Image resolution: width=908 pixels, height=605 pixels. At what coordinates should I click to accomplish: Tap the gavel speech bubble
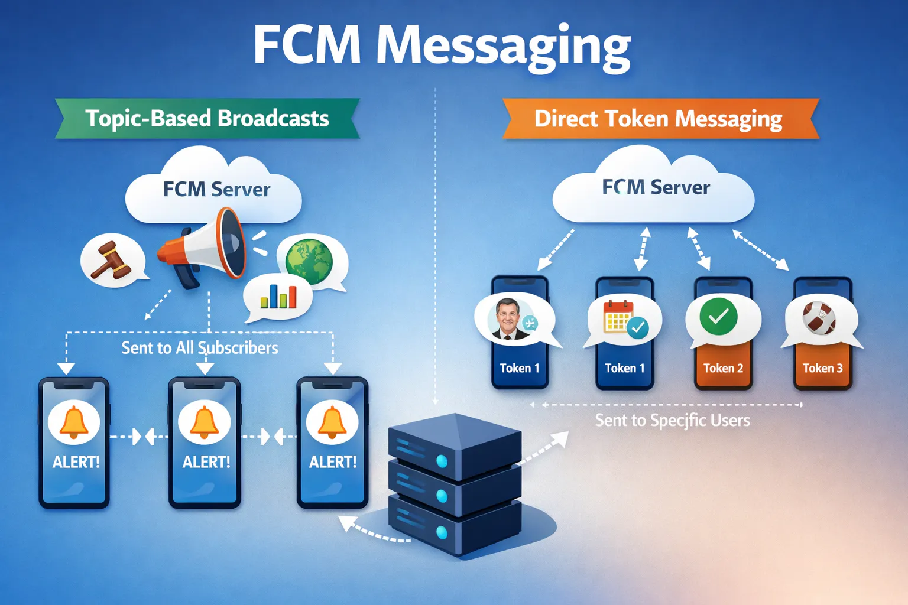(x=112, y=261)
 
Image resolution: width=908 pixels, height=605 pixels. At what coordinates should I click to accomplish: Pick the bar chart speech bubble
(x=278, y=297)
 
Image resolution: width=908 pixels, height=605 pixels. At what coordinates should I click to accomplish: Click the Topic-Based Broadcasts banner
(x=207, y=119)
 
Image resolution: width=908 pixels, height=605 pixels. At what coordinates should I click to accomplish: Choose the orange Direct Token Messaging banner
(x=659, y=119)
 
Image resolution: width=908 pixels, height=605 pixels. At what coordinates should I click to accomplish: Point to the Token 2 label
(x=723, y=368)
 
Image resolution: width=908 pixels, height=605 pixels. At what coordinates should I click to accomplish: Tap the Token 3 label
(x=822, y=368)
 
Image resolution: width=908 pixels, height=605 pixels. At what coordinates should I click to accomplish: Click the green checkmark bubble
(x=719, y=317)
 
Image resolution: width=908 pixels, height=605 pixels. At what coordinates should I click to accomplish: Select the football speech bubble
(x=820, y=319)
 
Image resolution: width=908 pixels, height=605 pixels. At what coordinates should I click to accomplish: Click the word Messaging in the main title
(x=504, y=46)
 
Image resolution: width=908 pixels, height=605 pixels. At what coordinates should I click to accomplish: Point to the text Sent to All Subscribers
(x=200, y=348)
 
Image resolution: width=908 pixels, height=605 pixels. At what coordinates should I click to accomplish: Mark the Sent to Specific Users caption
(x=672, y=421)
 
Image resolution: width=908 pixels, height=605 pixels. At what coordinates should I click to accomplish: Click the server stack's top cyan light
(x=442, y=461)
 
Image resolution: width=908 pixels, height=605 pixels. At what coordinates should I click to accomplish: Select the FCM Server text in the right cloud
(x=656, y=187)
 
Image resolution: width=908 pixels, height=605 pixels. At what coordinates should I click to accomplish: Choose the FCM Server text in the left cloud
(x=216, y=190)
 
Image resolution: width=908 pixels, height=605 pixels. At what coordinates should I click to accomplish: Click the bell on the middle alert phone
(x=205, y=422)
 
